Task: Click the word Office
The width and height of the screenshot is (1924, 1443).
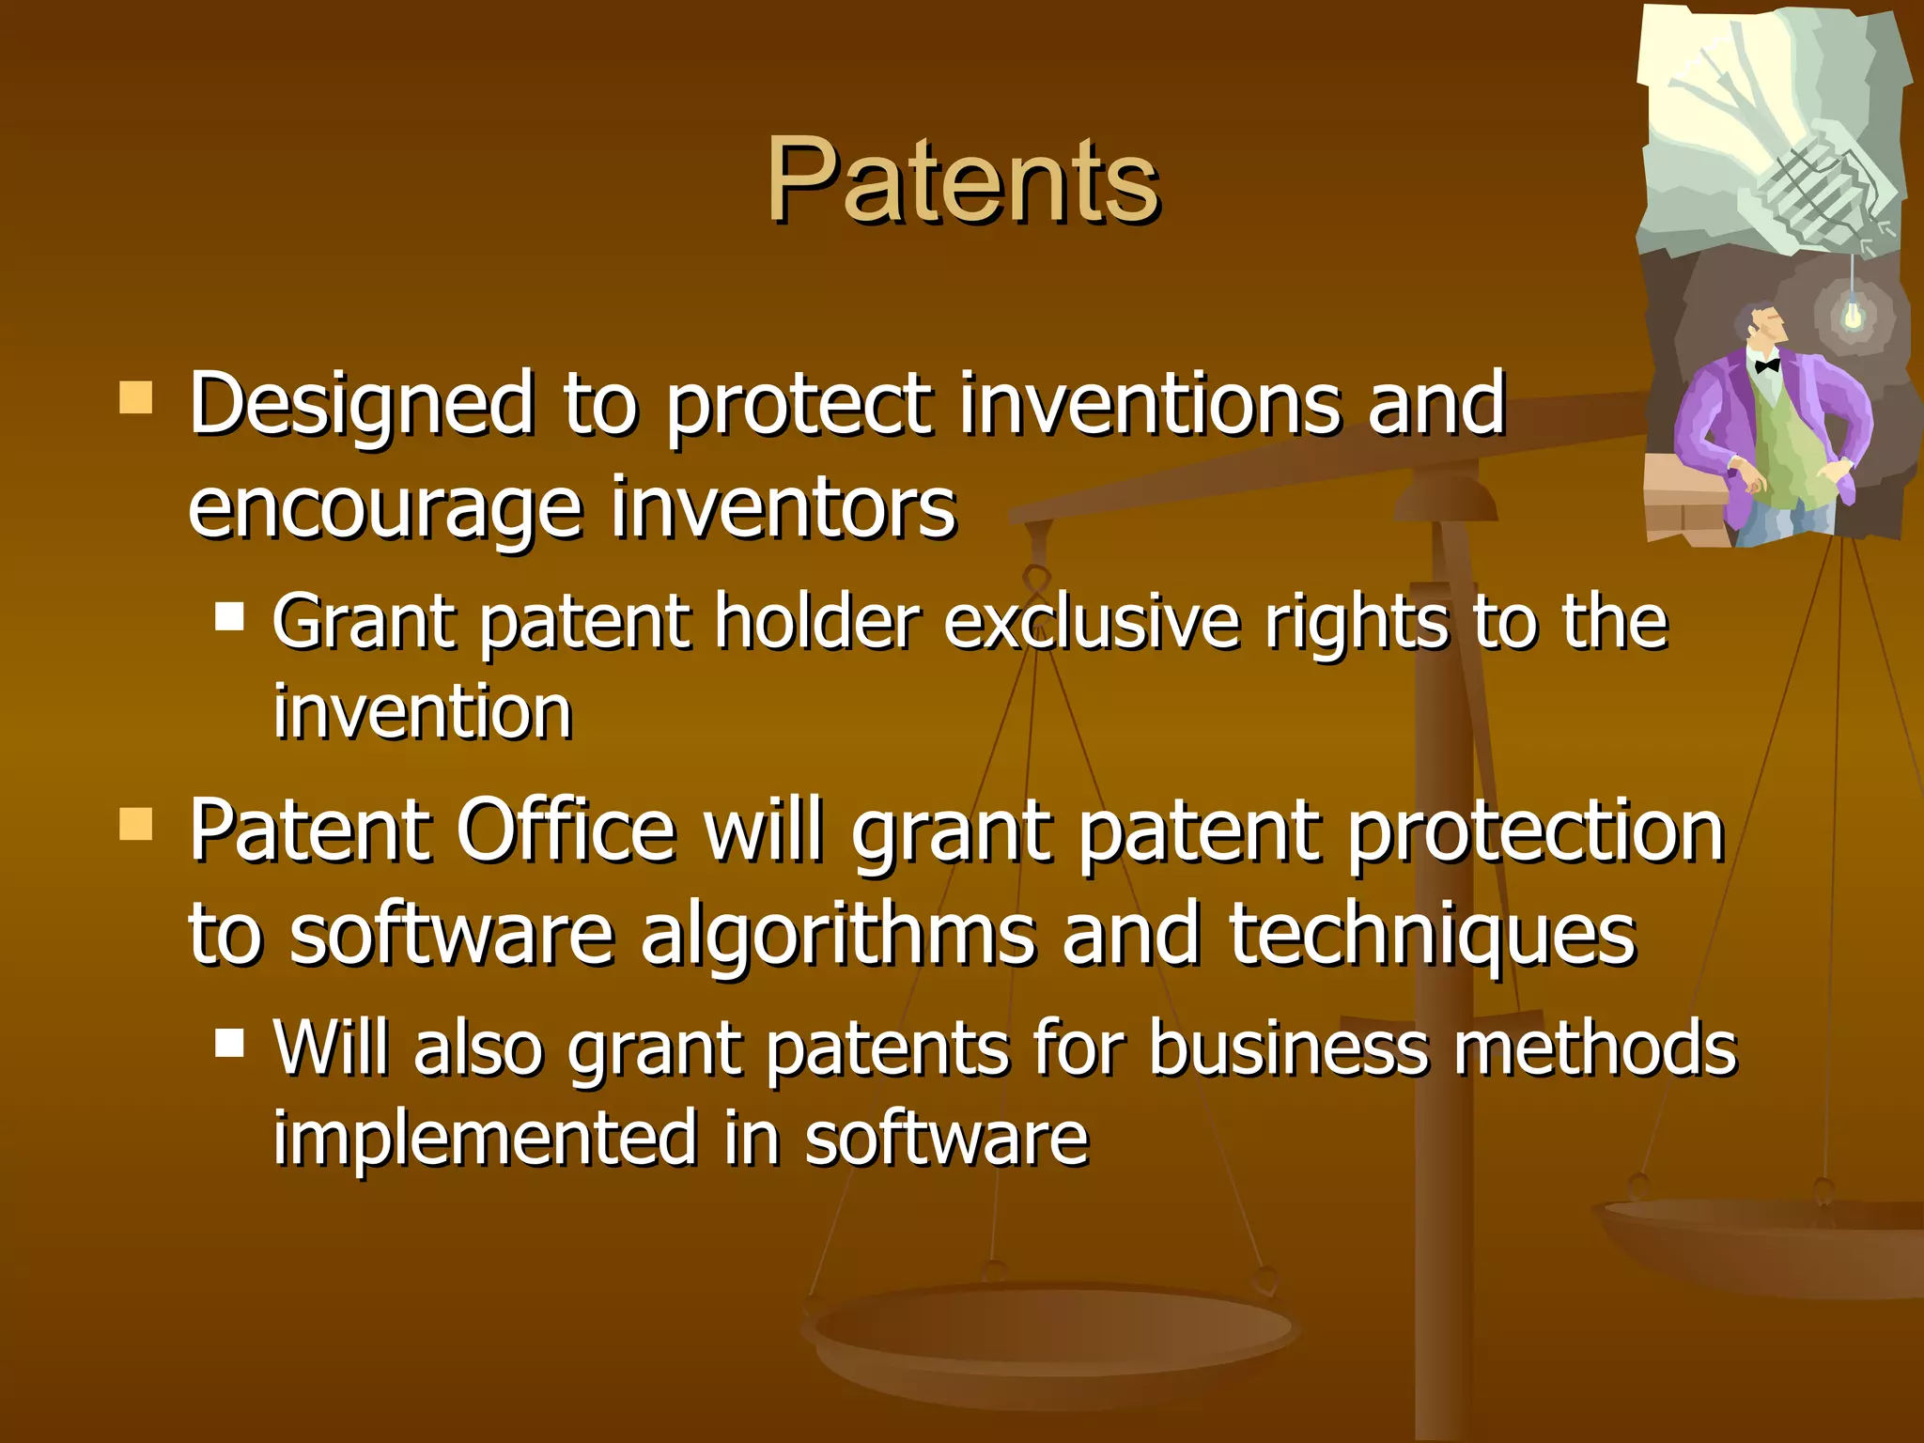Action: pos(566,830)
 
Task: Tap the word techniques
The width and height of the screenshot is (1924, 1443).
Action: pos(1433,934)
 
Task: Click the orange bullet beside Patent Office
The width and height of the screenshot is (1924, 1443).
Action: pos(136,824)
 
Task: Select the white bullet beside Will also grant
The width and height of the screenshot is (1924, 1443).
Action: pos(229,1042)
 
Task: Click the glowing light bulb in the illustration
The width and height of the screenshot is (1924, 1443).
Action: pos(1853,314)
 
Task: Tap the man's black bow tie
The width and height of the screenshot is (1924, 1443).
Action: pos(1767,365)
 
